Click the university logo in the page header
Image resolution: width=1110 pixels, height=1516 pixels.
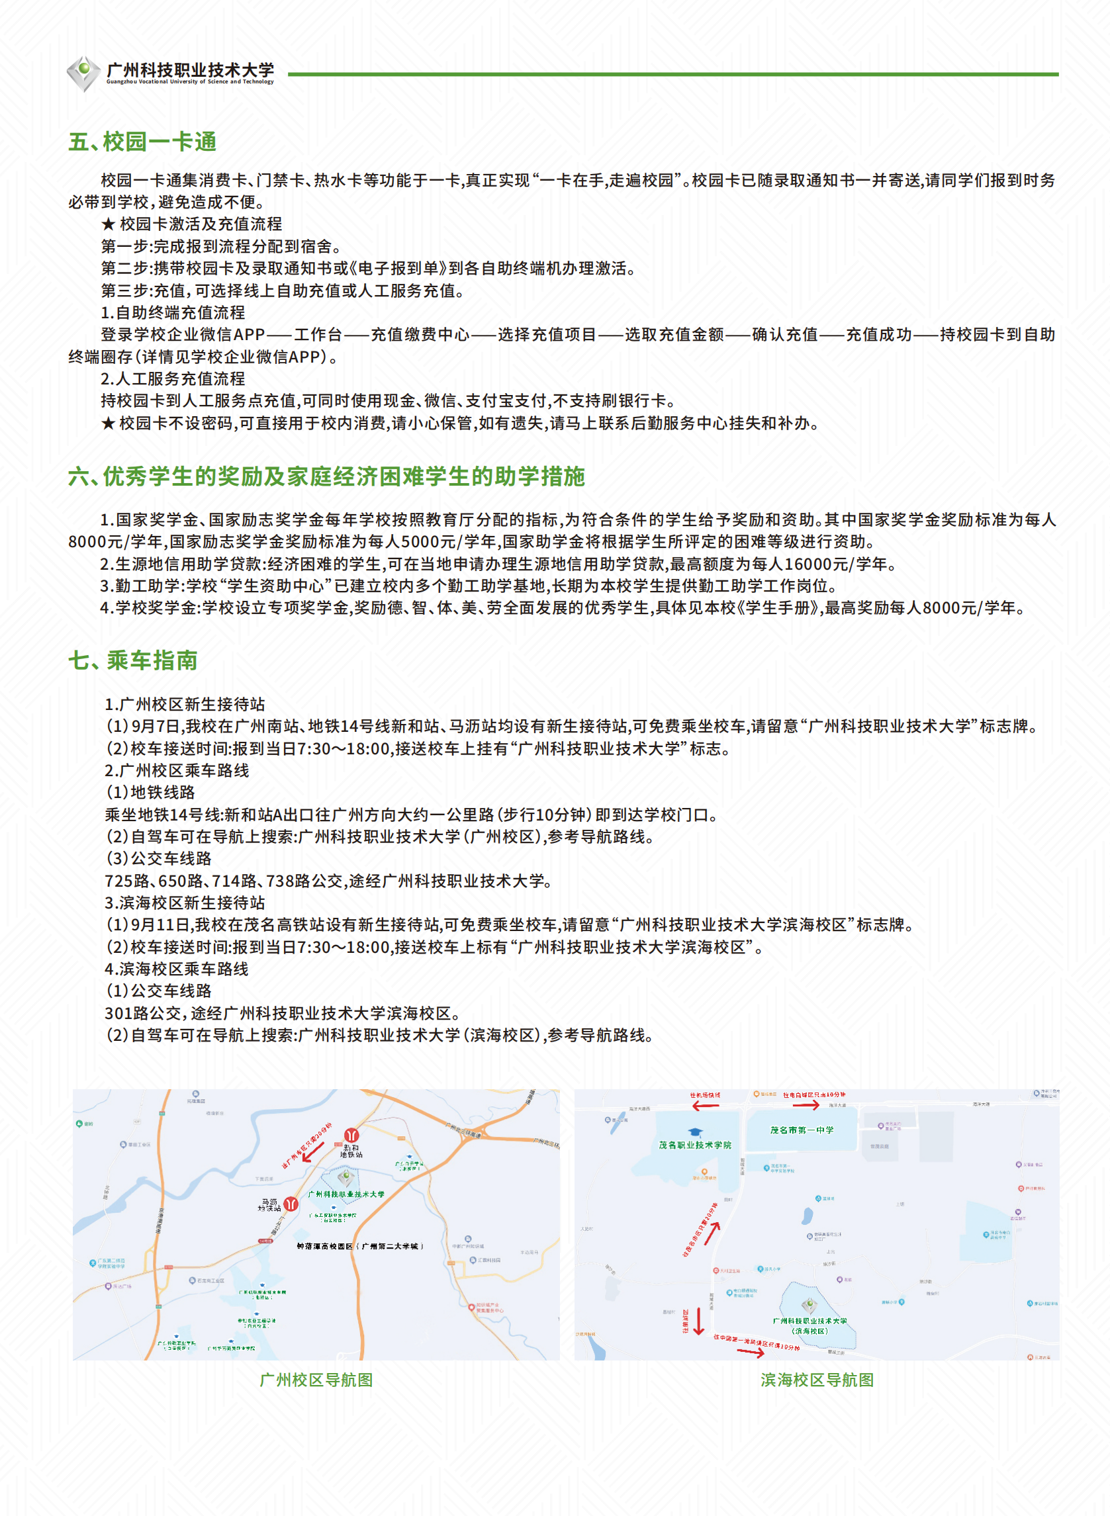[83, 73]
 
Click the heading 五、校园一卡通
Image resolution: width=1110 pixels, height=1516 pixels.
[142, 142]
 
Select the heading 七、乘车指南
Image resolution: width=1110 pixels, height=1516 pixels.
[133, 660]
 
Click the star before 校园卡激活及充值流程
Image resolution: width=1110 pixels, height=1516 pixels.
[108, 224]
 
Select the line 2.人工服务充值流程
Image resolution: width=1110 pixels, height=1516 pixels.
[173, 379]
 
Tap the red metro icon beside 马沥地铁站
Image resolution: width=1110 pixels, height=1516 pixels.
[291, 1203]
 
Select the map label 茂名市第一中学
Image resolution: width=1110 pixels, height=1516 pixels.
[802, 1130]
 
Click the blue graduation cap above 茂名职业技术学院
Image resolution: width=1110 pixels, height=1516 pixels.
[695, 1132]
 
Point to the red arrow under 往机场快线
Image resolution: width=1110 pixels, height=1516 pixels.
[706, 1105]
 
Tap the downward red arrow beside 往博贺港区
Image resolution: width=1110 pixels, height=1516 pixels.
[699, 1321]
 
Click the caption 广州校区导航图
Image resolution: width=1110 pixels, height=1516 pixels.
[316, 1380]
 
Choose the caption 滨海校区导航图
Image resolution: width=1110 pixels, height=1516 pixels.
[817, 1380]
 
